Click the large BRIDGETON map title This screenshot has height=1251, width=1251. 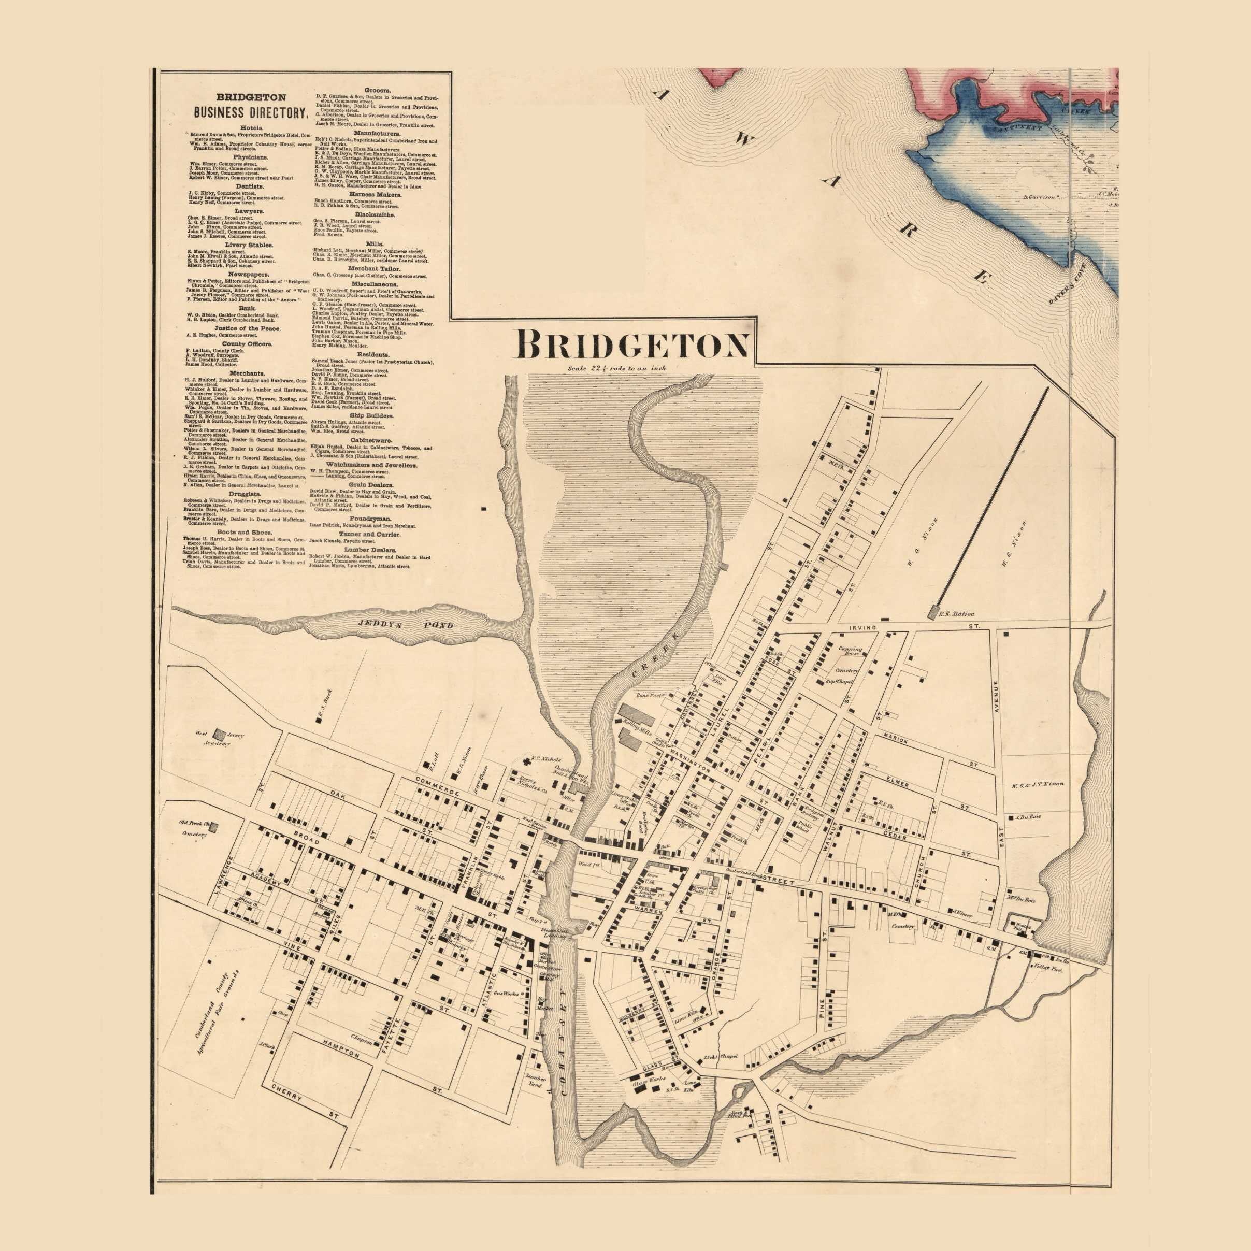point(631,344)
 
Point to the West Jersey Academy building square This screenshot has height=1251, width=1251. point(220,735)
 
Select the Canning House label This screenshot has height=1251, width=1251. point(850,652)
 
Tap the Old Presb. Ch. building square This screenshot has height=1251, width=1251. point(214,826)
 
